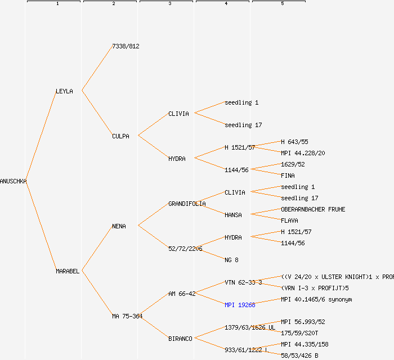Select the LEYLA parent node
tap(64, 91)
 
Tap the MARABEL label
tap(68, 271)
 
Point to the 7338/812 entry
tap(126, 46)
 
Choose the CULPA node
tap(120, 136)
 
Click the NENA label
tap(119, 226)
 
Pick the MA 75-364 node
tap(127, 316)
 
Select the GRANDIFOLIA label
tap(187, 204)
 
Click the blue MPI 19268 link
tap(240, 305)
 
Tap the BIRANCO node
tap(180, 339)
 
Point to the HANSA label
tap(233, 215)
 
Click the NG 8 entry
tap(231, 260)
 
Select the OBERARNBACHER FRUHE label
tap(313, 209)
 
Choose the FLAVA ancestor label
tap(289, 220)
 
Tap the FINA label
tap(288, 175)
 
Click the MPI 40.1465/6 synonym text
tap(316, 299)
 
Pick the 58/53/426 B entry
tap(299, 355)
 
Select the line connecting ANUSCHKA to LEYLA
tap(41, 136)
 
